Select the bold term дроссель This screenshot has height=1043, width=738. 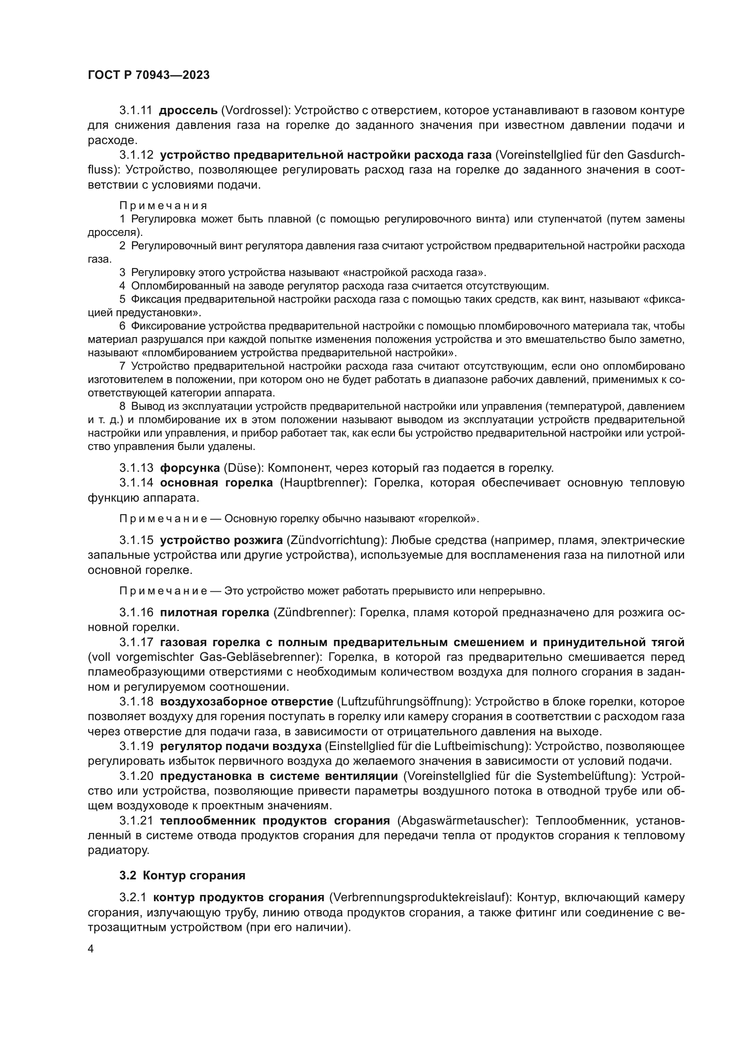(x=188, y=111)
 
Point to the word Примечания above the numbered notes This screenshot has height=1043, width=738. (x=163, y=206)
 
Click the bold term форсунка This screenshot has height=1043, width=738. (x=190, y=468)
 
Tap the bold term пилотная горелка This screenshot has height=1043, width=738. (x=215, y=612)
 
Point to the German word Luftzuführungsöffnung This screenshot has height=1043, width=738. (x=402, y=701)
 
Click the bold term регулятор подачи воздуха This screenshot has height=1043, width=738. (x=241, y=746)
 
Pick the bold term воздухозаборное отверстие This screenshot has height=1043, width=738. (x=247, y=701)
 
